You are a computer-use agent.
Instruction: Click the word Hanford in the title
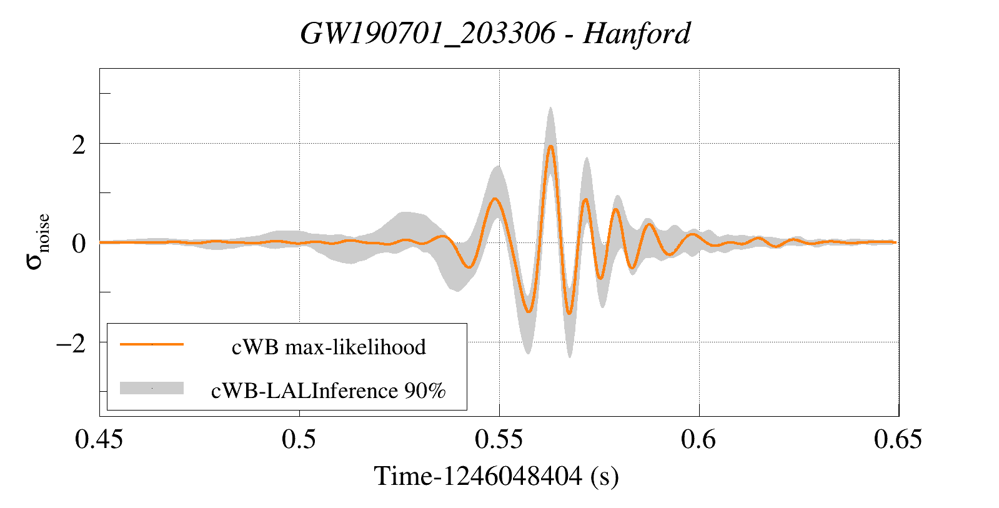(x=637, y=33)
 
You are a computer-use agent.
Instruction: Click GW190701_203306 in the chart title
(x=427, y=33)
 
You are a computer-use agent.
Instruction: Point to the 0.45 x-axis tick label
(x=99, y=439)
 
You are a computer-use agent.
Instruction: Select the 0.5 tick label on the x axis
(x=299, y=439)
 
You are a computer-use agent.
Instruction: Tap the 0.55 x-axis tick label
(x=499, y=439)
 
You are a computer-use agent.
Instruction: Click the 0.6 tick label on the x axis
(x=698, y=439)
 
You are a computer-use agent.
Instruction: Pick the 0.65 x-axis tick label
(x=898, y=439)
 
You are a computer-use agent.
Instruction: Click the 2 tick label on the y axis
(x=79, y=145)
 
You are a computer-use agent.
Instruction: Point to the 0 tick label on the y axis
(x=79, y=244)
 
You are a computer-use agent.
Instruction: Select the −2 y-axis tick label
(x=71, y=343)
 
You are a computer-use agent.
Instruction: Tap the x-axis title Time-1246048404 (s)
(x=497, y=476)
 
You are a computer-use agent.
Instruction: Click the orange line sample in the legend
(x=152, y=344)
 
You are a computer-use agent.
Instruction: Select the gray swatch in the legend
(x=152, y=388)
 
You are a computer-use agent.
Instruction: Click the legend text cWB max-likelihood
(x=329, y=347)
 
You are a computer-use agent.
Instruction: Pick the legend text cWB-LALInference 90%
(x=329, y=391)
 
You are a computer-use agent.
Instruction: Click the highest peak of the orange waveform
(x=550, y=146)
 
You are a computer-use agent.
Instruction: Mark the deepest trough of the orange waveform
(x=569, y=313)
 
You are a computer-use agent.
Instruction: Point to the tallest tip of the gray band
(x=550, y=107)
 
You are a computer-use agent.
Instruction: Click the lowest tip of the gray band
(x=570, y=357)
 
